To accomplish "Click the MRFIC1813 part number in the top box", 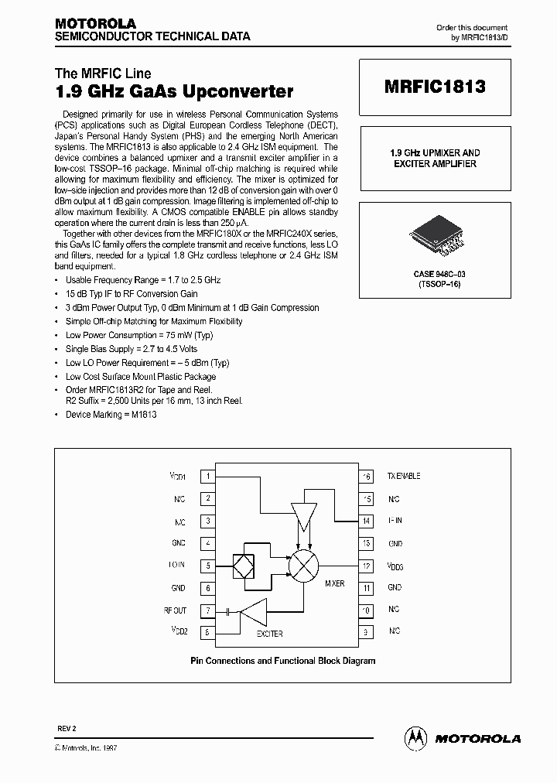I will (435, 87).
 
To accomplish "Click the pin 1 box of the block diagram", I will (207, 477).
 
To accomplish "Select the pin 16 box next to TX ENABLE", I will (367, 477).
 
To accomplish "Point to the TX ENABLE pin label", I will (404, 477).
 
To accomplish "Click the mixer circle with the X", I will (303, 566).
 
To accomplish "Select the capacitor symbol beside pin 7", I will (229, 611).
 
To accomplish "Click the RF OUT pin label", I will (174, 610).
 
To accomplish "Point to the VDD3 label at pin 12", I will (395, 566).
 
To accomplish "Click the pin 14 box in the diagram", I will (367, 521).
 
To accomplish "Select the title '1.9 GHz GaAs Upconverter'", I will (174, 92).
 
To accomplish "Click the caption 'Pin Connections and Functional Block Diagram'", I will (282, 661).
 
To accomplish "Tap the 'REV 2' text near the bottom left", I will (67, 730).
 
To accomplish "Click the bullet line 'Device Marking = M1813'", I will (111, 415).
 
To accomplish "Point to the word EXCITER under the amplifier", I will (269, 634).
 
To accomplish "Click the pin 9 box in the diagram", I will (367, 632).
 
